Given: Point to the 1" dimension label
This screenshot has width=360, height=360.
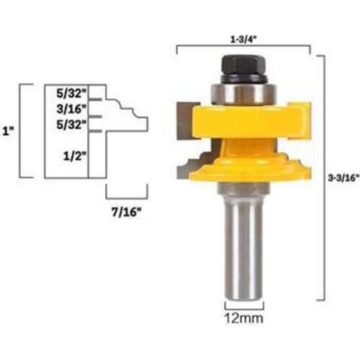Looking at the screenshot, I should [x=8, y=132].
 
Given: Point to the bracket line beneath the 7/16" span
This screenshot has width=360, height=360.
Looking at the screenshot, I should [x=127, y=196].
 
